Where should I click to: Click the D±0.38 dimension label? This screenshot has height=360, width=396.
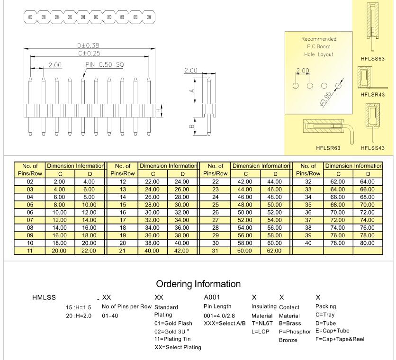88,45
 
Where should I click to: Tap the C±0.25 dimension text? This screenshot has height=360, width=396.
89,54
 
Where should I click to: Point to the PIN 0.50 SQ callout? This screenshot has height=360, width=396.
105,65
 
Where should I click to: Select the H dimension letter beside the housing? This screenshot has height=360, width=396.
159,110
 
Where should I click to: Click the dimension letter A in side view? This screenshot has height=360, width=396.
192,90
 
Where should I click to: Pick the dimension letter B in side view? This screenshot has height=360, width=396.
192,126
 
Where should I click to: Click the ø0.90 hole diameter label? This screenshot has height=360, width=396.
325,99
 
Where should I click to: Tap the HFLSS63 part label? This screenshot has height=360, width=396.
372,59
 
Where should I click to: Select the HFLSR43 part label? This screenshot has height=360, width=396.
372,95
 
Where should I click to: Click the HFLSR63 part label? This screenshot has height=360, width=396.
328,148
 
